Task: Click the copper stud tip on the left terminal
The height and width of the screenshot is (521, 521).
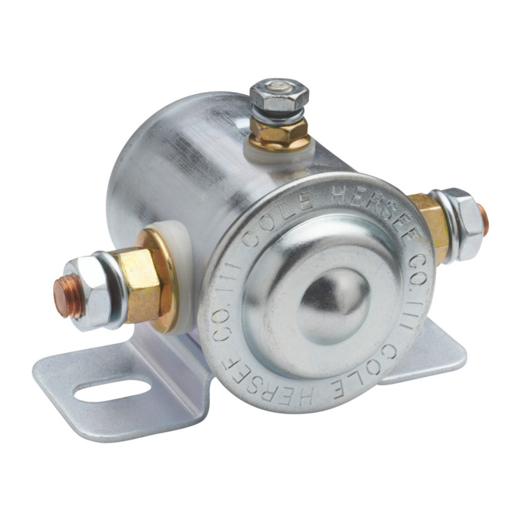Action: tap(68, 296)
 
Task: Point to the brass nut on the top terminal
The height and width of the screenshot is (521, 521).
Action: tap(278, 131)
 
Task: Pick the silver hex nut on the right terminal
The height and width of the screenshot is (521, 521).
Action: tap(462, 224)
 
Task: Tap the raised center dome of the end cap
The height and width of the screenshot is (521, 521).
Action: tap(333, 306)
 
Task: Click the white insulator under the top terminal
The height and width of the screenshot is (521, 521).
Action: tap(278, 151)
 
